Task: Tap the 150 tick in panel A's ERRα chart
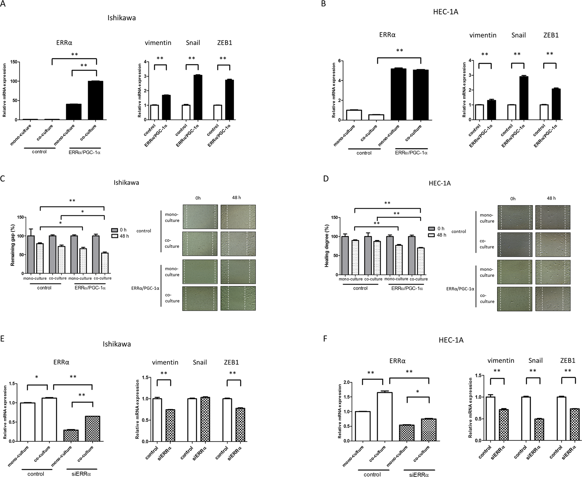13,62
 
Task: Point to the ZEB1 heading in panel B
551,35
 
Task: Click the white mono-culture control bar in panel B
354,115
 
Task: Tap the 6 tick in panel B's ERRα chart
339,61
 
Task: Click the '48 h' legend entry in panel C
123,236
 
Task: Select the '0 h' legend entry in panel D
440,228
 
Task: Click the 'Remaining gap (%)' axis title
13,245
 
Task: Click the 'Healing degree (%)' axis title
327,246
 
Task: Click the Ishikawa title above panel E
117,344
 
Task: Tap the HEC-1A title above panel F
451,340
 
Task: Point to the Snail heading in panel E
199,362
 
